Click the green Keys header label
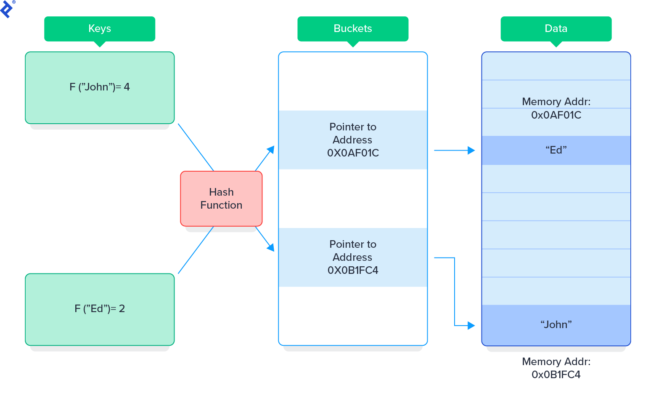[100, 29]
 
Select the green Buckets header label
[352, 29]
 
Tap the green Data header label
[555, 29]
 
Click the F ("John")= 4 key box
[100, 87]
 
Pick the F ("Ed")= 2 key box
[100, 309]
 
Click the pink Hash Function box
[221, 199]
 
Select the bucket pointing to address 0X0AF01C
[353, 140]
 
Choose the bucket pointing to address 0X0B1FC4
[353, 257]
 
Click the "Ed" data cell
[555, 150]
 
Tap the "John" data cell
[555, 325]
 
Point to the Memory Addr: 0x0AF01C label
[555, 108]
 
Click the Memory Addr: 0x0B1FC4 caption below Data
[555, 368]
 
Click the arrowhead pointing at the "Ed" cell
[471, 150]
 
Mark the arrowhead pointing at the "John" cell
[471, 326]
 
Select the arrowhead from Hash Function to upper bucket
[271, 149]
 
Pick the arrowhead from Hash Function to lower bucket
[271, 248]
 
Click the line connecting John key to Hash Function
[196, 147]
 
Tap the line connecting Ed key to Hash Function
[196, 250]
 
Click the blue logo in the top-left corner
[7, 8]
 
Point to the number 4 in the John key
[127, 87]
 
